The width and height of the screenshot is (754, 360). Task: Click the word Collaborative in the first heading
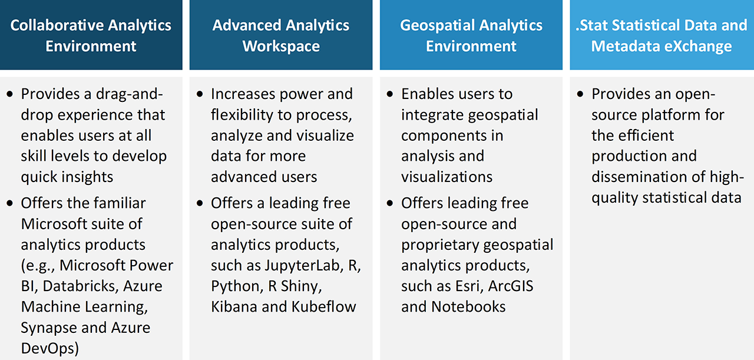tap(50, 26)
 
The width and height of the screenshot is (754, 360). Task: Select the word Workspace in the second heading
tap(281, 47)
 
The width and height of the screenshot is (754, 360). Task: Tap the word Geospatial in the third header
tap(434, 26)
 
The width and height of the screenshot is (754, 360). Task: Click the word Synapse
tap(49, 328)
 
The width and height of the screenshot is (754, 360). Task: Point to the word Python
tap(234, 286)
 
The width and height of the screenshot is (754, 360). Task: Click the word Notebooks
tap(468, 307)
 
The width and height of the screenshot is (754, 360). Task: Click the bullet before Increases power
tap(200, 94)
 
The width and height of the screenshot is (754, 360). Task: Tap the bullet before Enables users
tap(391, 94)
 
